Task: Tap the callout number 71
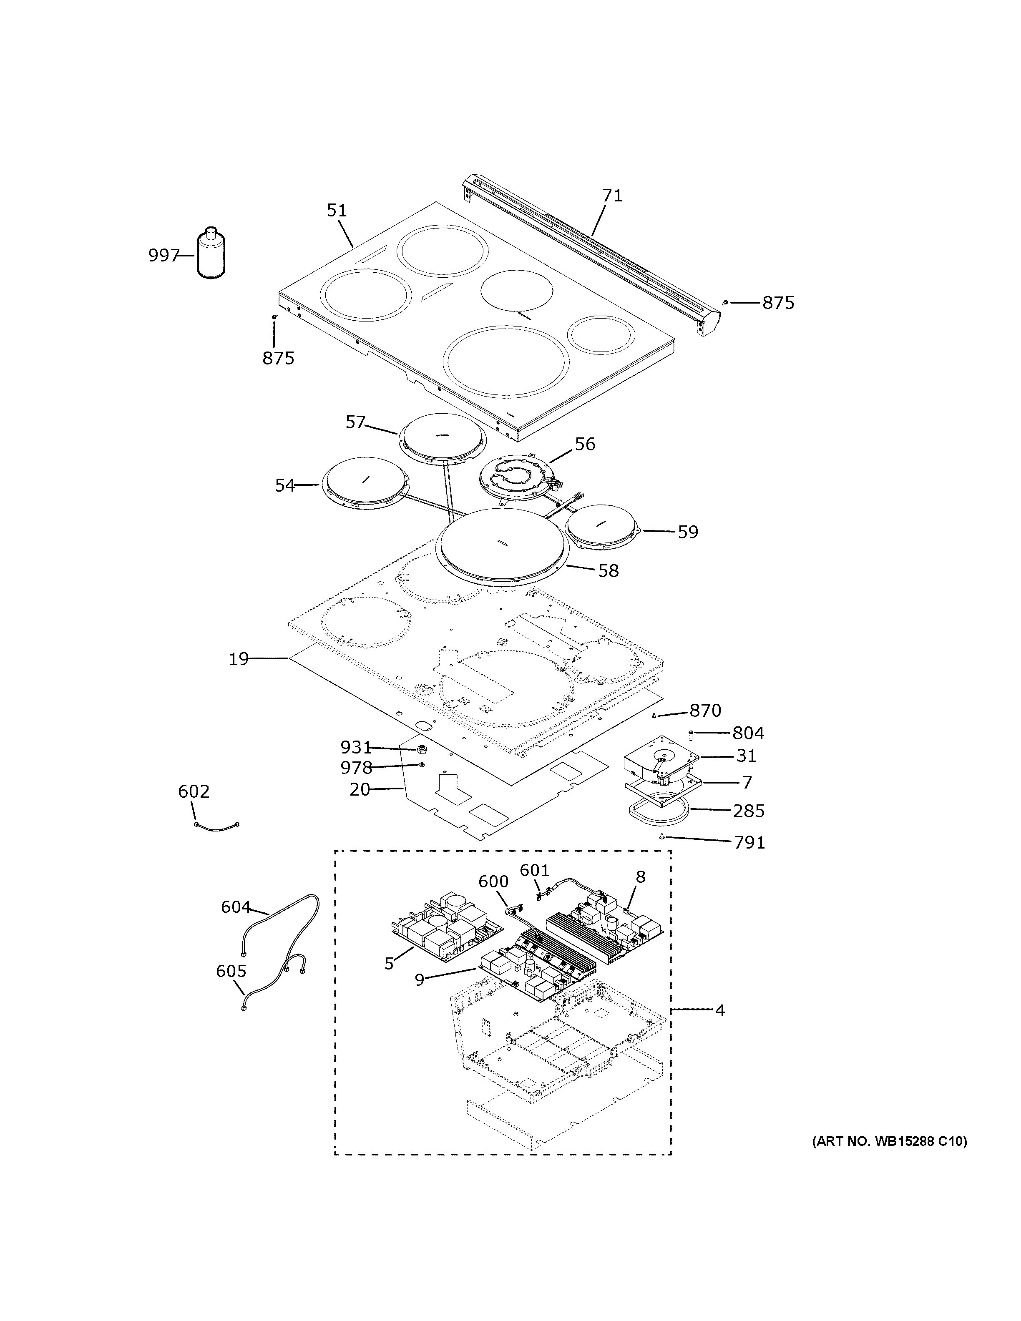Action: tap(612, 196)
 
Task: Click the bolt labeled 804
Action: tap(691, 734)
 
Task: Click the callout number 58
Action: tap(609, 571)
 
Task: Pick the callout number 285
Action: tap(749, 811)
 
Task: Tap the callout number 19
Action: tap(239, 659)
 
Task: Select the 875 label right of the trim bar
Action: tap(778, 303)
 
